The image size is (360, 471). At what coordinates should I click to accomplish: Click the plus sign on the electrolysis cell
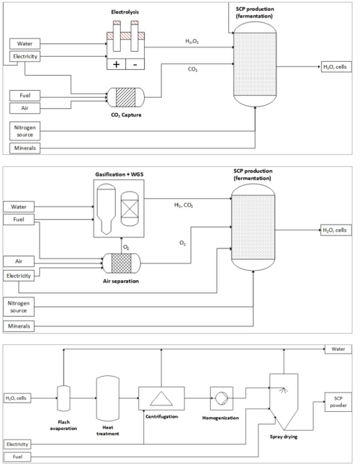click(116, 64)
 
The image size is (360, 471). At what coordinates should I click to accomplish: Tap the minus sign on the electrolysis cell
click(135, 64)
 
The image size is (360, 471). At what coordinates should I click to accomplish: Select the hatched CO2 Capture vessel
click(126, 97)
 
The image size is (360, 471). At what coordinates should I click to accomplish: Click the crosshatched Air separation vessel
click(121, 264)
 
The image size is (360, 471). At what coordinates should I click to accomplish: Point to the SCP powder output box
click(338, 402)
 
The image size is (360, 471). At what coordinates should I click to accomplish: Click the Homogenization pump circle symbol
click(222, 398)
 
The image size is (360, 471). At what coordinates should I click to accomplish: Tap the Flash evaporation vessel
click(63, 398)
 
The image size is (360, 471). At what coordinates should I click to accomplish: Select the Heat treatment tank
click(107, 399)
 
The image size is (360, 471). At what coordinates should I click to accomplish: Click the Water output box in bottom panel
click(338, 349)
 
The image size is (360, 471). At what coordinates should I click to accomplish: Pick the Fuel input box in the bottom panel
click(17, 457)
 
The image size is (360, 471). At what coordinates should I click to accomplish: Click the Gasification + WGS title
click(120, 174)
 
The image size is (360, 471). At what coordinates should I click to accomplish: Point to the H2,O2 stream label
click(192, 42)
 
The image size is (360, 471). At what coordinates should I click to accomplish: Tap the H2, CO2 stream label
click(184, 205)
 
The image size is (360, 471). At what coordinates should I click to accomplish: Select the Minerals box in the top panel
click(24, 148)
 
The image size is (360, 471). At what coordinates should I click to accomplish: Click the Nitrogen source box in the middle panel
click(19, 307)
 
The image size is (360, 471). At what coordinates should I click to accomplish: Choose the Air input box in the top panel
click(24, 108)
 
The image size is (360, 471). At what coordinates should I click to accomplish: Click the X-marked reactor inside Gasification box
click(130, 209)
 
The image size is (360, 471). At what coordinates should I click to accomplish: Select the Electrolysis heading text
click(125, 12)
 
